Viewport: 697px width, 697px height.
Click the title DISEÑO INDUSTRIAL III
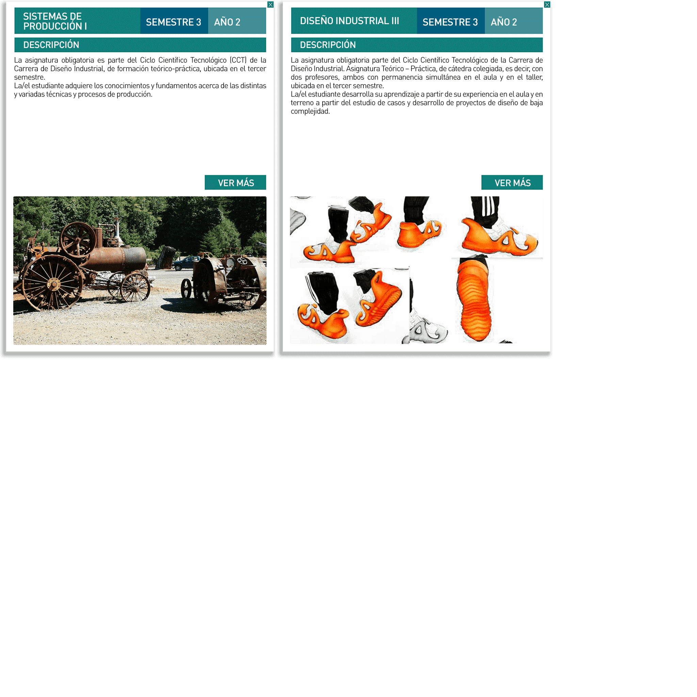349,21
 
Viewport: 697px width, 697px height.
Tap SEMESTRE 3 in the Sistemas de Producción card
174,22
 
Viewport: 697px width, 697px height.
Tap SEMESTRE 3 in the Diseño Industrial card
450,22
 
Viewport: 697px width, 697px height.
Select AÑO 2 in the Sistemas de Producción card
227,22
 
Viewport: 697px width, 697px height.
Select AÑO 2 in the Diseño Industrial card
504,22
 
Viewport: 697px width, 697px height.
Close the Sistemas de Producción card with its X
270,5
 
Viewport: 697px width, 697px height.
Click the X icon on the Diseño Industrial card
547,5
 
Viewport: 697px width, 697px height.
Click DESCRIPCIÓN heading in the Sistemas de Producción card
51,45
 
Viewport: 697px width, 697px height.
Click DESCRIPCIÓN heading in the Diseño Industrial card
328,45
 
